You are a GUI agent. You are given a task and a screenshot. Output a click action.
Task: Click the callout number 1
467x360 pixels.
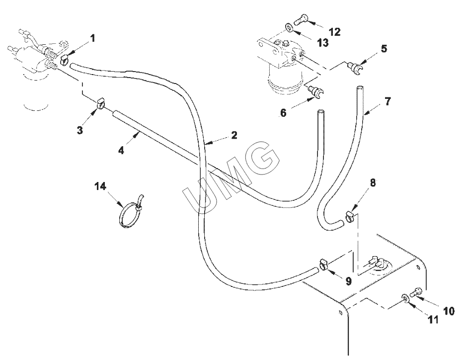pyautogui.click(x=92, y=38)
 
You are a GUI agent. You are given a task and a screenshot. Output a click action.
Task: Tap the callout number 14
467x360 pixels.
pyautogui.click(x=100, y=186)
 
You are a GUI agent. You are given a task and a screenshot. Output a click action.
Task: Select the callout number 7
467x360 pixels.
pyautogui.click(x=387, y=101)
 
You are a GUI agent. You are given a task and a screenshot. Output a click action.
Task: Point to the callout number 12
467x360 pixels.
pyautogui.click(x=334, y=32)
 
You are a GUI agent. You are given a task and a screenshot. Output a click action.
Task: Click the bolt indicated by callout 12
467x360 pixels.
pyautogui.click(x=301, y=18)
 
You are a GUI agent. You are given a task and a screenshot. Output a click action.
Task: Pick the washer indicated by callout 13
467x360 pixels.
pyautogui.click(x=289, y=27)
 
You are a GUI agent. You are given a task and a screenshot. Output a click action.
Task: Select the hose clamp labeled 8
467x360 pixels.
pyautogui.click(x=350, y=216)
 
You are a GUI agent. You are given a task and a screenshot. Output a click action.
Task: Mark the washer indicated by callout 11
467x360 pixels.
pyautogui.click(x=405, y=297)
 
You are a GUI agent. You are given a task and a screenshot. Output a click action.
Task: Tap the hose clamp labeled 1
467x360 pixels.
pyautogui.click(x=64, y=60)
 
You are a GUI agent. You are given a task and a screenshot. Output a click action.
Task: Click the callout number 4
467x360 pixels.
pyautogui.click(x=121, y=151)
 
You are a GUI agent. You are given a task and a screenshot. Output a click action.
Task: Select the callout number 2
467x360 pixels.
pyautogui.click(x=234, y=135)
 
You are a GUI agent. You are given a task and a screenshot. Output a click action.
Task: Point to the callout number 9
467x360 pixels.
pyautogui.click(x=349, y=281)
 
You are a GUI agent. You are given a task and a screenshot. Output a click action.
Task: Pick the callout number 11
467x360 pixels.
pyautogui.click(x=433, y=320)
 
